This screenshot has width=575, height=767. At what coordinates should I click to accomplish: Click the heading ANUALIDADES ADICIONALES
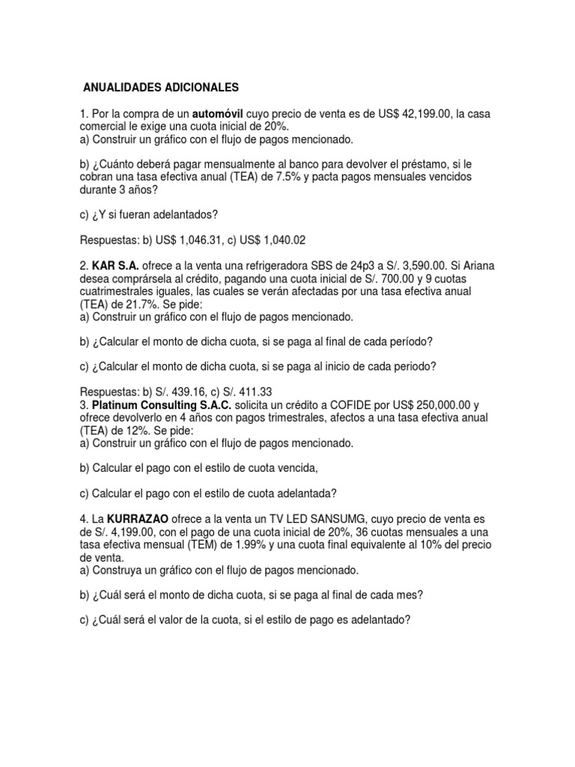158,87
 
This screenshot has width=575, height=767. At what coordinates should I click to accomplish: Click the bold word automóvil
222,113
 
